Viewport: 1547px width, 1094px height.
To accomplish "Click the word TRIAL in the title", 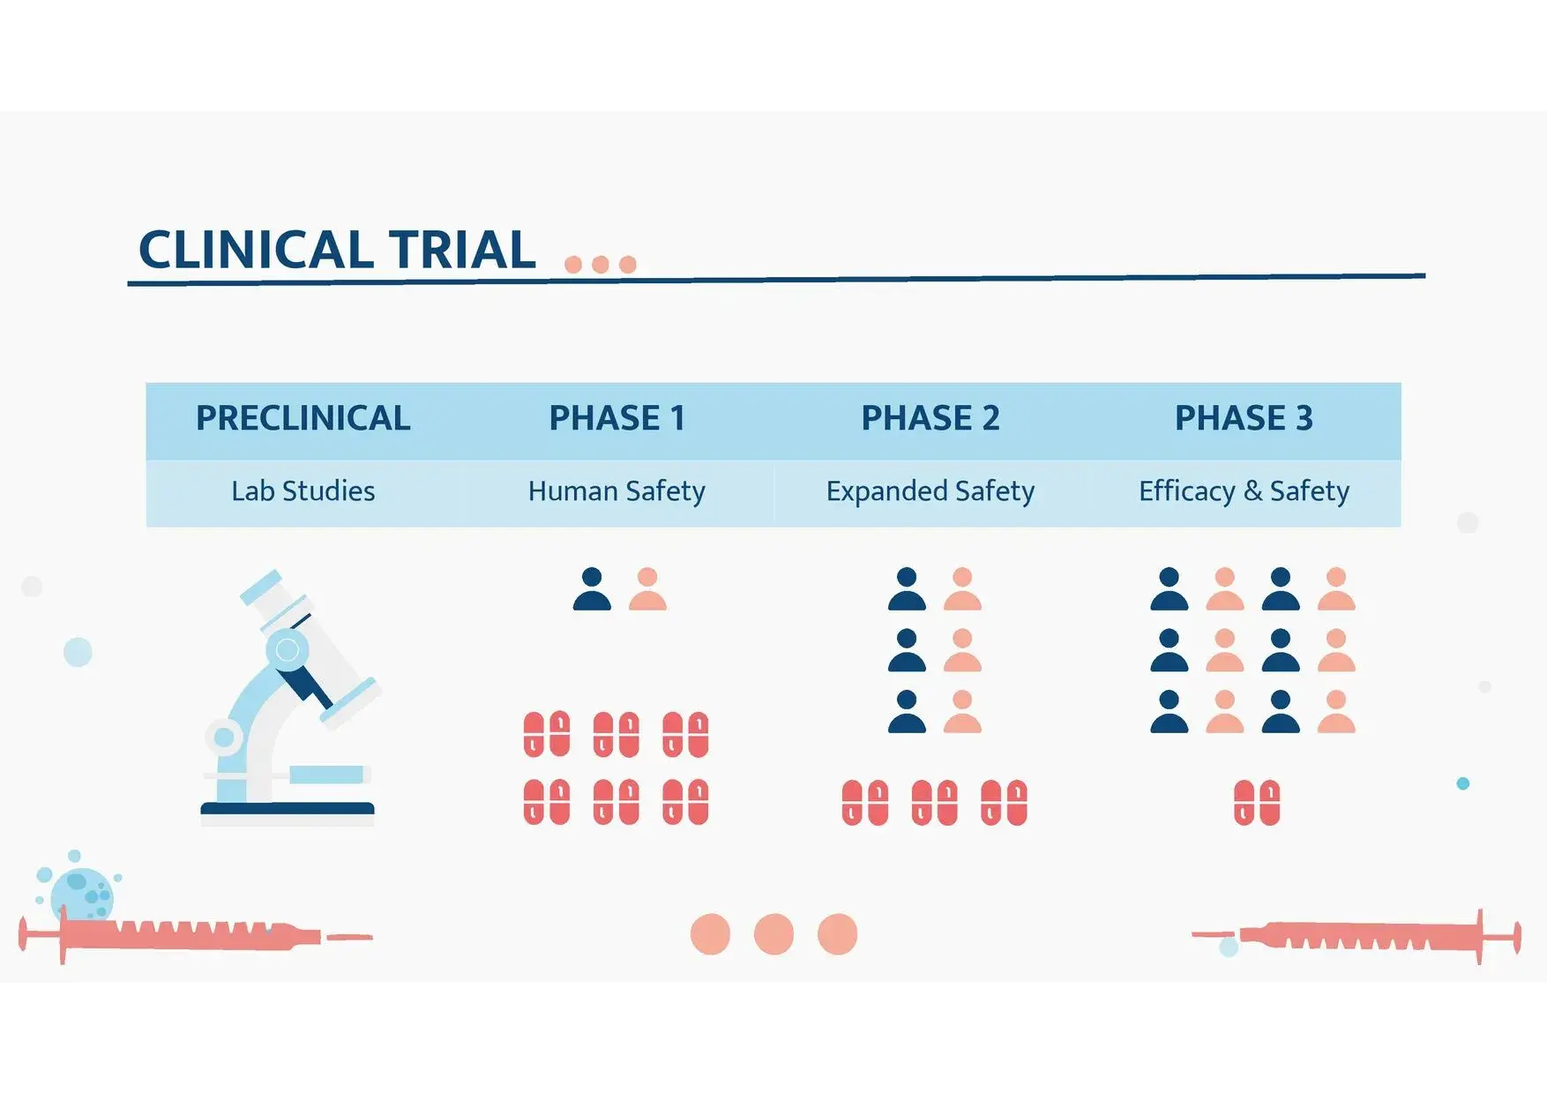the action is [462, 250].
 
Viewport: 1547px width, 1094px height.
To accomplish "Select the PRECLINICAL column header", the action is [303, 418].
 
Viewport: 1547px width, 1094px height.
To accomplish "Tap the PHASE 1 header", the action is [617, 418].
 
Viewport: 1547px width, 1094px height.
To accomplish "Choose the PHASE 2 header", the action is [930, 418].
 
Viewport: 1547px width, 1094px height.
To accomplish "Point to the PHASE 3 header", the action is [1244, 418].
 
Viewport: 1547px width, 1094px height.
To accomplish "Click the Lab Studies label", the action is [303, 491].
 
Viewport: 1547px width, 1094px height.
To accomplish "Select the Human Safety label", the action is [617, 491].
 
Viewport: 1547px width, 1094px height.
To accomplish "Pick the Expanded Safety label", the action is [930, 491].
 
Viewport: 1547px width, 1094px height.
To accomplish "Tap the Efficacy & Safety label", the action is [1244, 491].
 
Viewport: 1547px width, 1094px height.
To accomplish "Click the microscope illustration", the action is [290, 697].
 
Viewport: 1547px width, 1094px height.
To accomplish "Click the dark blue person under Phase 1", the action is [592, 588].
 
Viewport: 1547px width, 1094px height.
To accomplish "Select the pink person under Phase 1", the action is [647, 588].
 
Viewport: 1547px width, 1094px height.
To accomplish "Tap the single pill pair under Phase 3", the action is [1257, 802].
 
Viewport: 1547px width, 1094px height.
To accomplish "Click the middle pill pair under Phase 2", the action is [934, 802].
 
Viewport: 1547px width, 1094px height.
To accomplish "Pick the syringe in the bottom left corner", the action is [196, 934].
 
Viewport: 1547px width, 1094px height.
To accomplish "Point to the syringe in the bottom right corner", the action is [1356, 935].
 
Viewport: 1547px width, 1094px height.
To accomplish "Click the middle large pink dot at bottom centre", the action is [773, 934].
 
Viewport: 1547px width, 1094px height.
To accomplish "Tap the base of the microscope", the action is [288, 811].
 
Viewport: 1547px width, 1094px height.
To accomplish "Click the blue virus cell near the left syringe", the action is [81, 893].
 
